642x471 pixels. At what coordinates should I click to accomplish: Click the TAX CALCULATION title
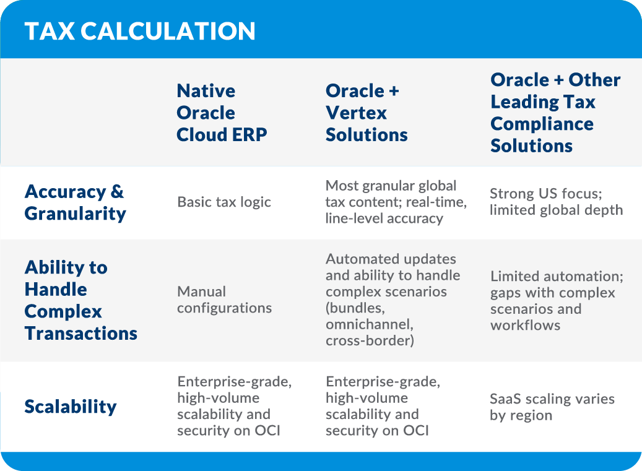click(140, 31)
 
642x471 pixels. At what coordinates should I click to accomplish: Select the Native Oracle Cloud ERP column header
click(222, 113)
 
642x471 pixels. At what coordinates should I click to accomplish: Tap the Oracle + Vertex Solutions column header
click(367, 113)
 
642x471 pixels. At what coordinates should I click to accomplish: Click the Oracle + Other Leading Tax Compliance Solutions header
click(555, 113)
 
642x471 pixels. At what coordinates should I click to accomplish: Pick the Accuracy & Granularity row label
click(75, 203)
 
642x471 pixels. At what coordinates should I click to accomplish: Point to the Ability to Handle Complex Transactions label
click(80, 301)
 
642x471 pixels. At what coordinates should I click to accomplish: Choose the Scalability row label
click(71, 407)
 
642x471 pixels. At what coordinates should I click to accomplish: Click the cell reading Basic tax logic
click(224, 202)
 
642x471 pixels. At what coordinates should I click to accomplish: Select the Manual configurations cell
click(224, 300)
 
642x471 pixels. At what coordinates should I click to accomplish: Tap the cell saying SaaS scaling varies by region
click(552, 407)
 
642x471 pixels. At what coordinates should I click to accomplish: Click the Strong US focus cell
click(556, 202)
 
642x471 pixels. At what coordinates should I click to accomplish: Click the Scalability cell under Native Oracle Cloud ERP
click(234, 406)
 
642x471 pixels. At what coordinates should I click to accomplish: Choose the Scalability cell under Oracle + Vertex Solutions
click(383, 406)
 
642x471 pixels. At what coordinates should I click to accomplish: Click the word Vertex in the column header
click(356, 113)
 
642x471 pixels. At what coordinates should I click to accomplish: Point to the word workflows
click(525, 325)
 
